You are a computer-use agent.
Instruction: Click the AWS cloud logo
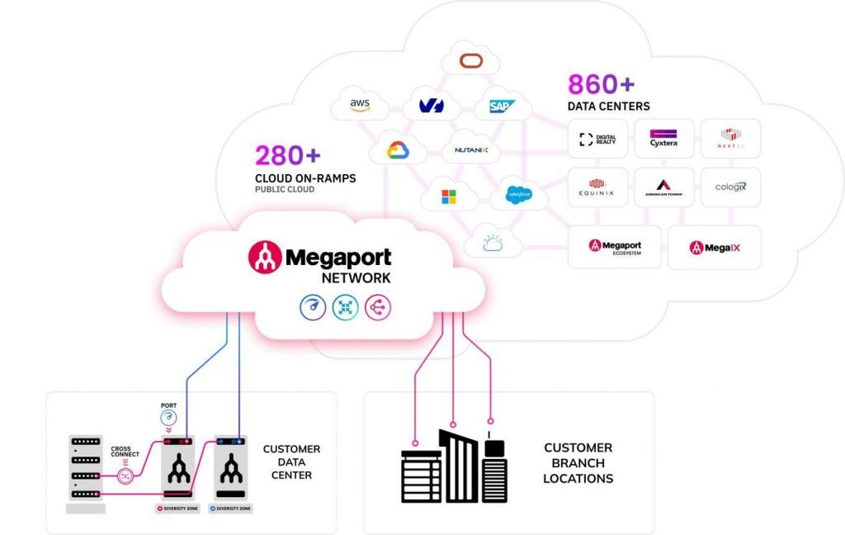(x=360, y=105)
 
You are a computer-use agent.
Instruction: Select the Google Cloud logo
(x=397, y=150)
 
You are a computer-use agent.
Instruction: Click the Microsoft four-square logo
(x=448, y=196)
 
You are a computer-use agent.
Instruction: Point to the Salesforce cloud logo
(x=518, y=195)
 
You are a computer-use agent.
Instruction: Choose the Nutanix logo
(x=471, y=150)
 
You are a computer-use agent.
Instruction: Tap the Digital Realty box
(x=597, y=138)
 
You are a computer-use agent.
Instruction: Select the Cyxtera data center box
(x=663, y=138)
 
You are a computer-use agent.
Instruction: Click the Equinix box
(x=597, y=188)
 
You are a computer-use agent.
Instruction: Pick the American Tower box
(x=663, y=188)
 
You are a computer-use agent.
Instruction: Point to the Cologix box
(x=730, y=187)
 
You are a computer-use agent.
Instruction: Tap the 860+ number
(x=601, y=84)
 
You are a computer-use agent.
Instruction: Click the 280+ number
(x=288, y=155)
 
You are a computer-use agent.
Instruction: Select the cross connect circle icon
(x=126, y=476)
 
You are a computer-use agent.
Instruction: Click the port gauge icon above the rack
(x=168, y=419)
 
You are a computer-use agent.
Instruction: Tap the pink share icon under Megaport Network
(x=378, y=308)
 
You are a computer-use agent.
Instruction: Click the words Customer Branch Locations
(x=578, y=462)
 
